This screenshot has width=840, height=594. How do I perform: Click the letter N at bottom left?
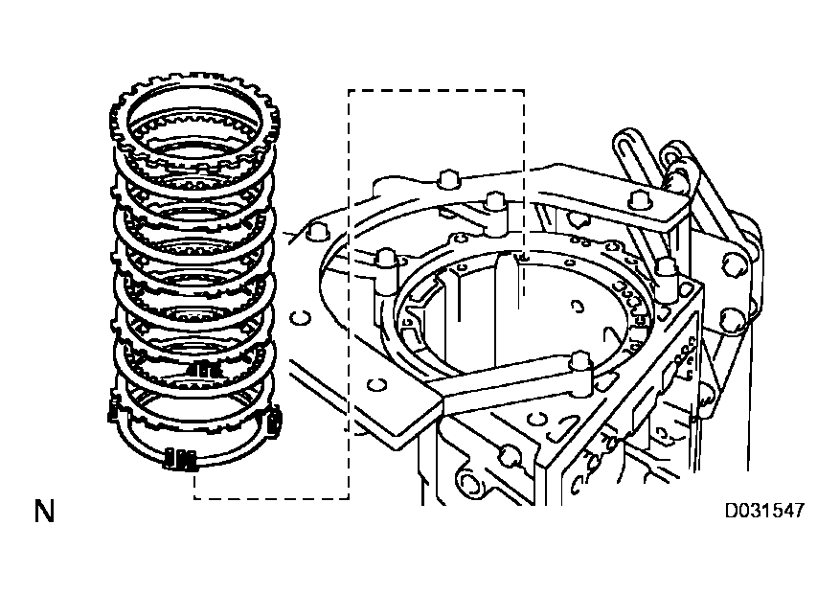[x=43, y=512]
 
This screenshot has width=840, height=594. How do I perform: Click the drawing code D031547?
[x=763, y=511]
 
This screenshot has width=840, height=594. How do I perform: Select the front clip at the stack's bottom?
[x=182, y=460]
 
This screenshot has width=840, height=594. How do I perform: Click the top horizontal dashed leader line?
[x=436, y=91]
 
